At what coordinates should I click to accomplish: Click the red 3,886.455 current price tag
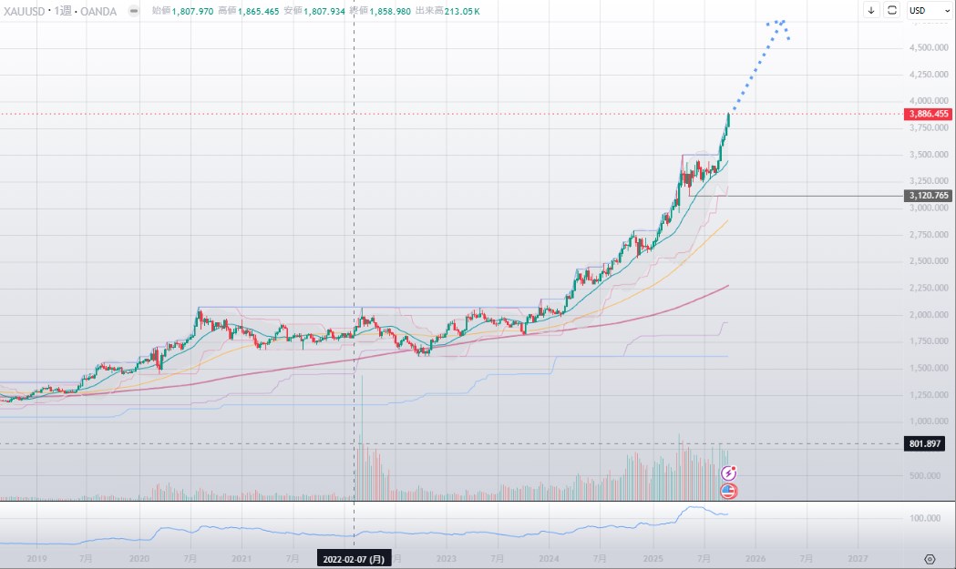(929, 115)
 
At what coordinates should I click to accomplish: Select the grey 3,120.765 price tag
(929, 196)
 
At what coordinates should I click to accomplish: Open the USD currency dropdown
(923, 10)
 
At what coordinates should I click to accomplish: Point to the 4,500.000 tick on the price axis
(929, 47)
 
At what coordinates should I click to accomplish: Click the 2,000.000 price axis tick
(929, 315)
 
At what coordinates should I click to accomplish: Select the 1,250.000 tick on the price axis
(929, 395)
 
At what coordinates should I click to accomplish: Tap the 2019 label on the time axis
(36, 559)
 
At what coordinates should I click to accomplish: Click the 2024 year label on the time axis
(549, 559)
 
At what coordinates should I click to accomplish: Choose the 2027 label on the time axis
(857, 559)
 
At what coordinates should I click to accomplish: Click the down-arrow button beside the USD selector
(871, 10)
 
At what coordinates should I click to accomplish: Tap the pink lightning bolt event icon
(729, 472)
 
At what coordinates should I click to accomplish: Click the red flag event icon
(729, 492)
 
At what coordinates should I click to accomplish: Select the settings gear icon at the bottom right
(930, 559)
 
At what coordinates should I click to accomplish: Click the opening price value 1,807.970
(192, 10)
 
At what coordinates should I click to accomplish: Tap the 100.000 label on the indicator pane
(926, 518)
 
